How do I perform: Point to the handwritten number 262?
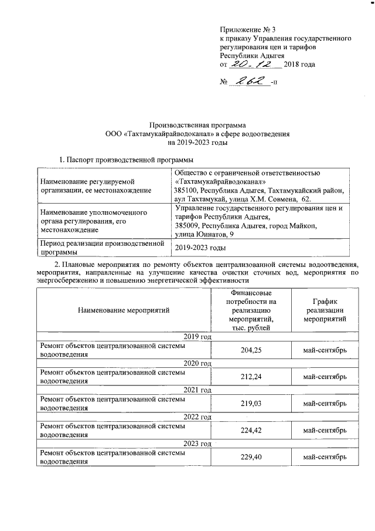250,81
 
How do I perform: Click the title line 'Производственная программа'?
197,125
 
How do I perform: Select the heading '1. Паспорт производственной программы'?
127,159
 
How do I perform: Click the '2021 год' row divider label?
197,390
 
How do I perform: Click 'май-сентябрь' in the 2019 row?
324,350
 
